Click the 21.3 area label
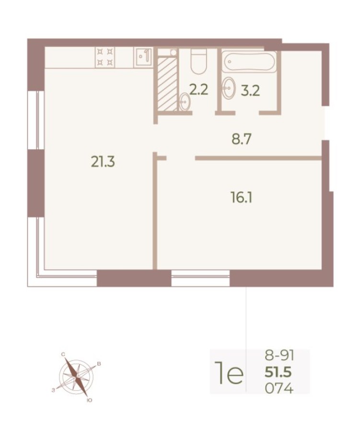(103, 163)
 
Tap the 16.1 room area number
(241, 197)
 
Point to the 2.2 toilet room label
(198, 90)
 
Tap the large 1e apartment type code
(228, 373)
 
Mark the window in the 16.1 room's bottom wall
(200, 278)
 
